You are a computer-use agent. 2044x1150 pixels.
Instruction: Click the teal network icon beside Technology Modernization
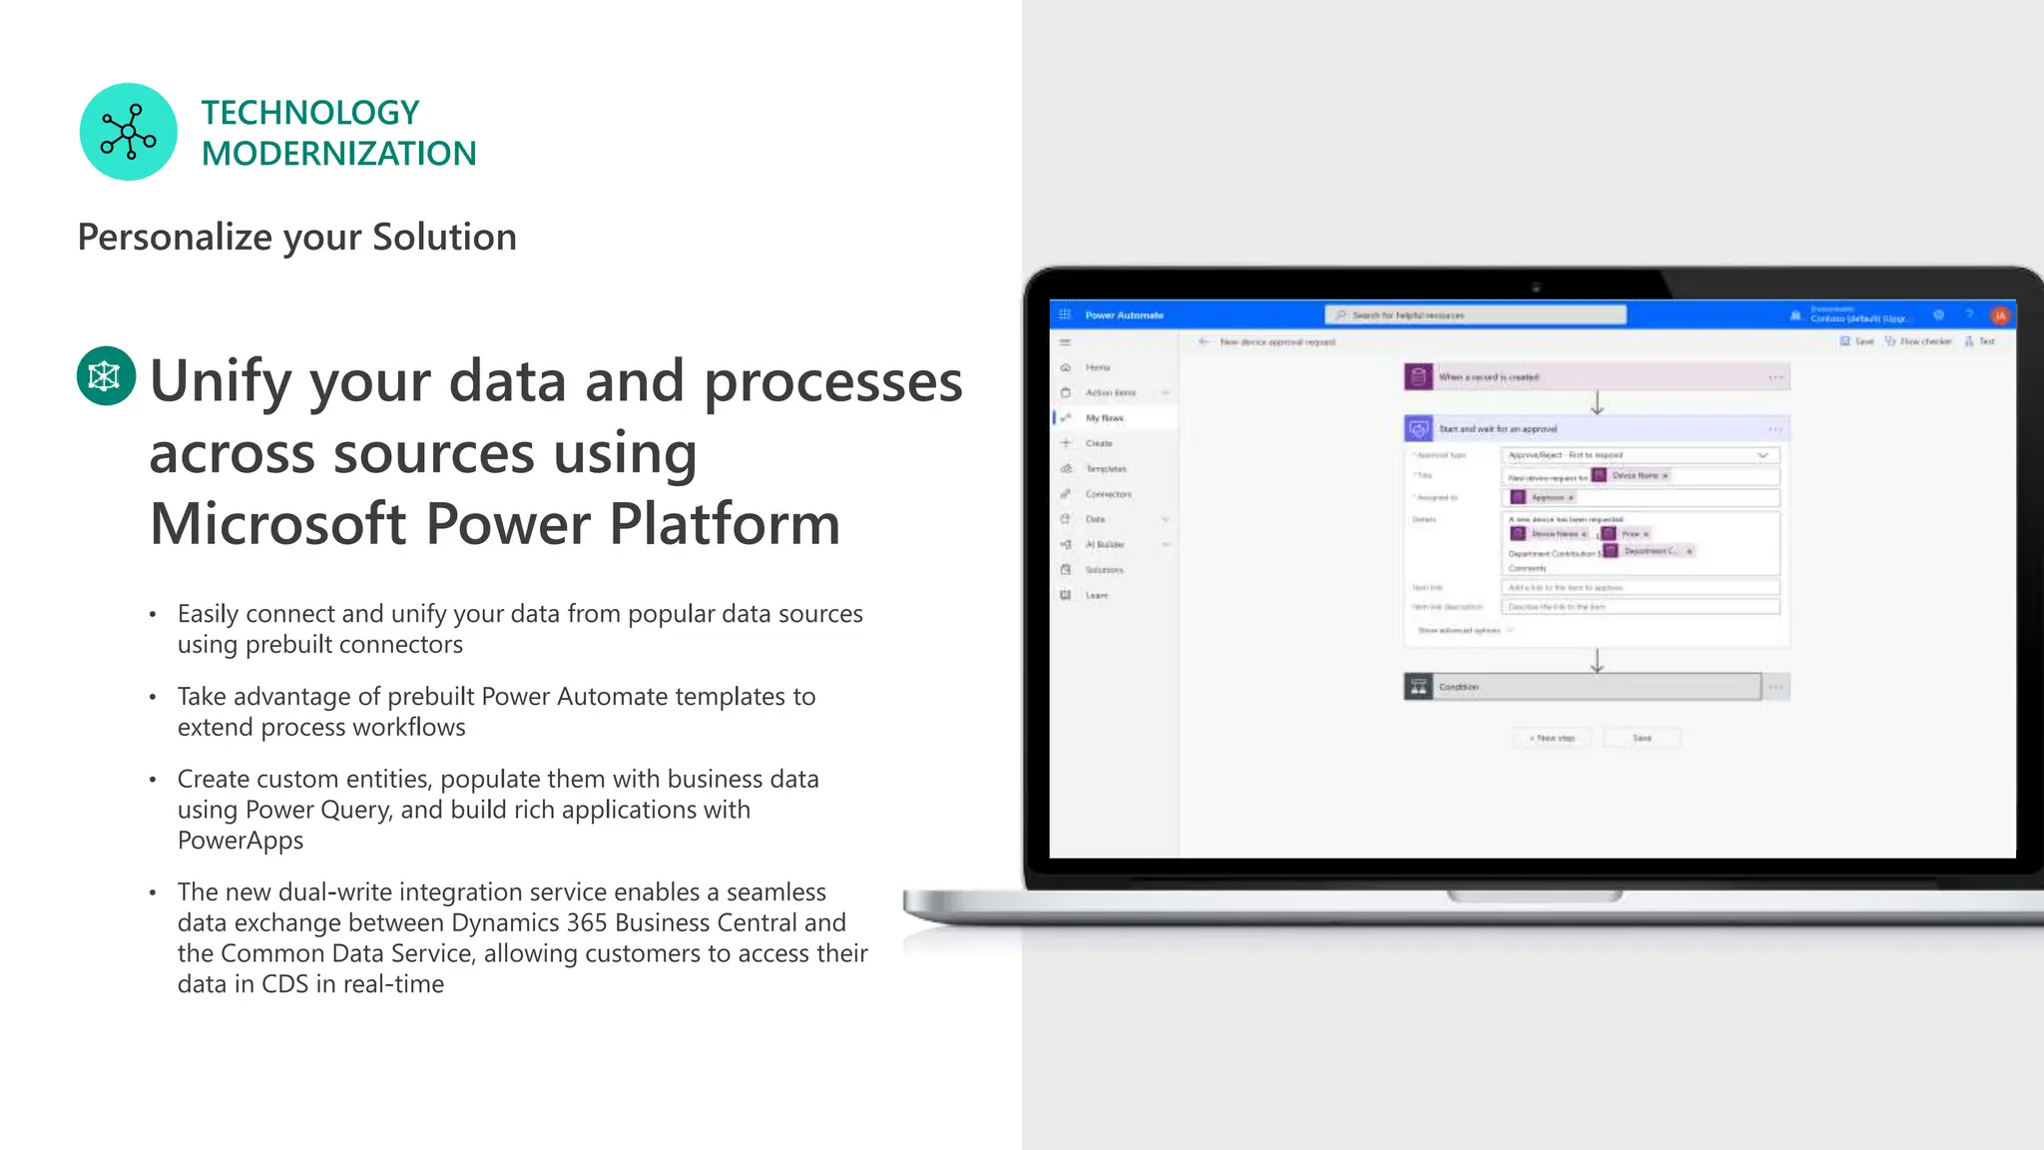[128, 132]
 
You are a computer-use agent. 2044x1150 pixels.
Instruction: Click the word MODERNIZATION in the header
[338, 154]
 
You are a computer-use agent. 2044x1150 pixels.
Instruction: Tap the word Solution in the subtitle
[444, 238]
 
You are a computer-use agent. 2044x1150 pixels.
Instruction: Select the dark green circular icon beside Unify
[106, 375]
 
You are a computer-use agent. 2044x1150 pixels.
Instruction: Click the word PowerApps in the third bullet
[241, 841]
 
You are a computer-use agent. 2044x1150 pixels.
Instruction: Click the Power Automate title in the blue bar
[1124, 315]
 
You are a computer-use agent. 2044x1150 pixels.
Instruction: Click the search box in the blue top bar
[1475, 315]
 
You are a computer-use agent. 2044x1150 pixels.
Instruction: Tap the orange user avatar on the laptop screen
[1999, 315]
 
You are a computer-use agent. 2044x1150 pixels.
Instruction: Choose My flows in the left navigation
[1104, 418]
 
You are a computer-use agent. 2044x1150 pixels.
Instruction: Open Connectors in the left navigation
[1108, 494]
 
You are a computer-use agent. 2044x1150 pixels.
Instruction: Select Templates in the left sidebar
[1106, 469]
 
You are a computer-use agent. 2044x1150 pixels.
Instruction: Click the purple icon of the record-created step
[1418, 377]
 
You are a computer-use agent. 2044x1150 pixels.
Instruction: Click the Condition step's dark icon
[1418, 687]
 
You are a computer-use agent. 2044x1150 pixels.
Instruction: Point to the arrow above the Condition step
[1597, 661]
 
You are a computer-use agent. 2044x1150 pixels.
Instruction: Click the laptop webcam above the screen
[1536, 287]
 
